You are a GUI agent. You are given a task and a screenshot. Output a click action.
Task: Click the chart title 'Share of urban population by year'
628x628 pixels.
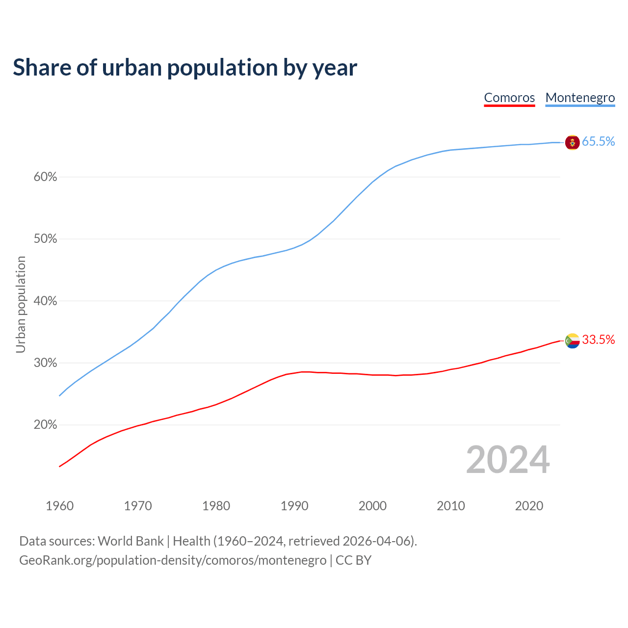(184, 67)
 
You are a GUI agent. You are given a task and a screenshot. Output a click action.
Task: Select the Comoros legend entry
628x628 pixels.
(509, 98)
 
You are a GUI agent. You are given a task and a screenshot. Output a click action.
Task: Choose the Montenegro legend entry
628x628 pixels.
(580, 98)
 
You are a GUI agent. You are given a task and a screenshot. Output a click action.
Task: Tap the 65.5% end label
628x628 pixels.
(598, 142)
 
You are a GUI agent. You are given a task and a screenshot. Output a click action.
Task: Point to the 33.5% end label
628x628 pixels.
(598, 340)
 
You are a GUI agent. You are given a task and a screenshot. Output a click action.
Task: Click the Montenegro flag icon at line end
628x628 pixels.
(572, 142)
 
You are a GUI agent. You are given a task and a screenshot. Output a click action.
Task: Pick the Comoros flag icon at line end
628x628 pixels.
(572, 340)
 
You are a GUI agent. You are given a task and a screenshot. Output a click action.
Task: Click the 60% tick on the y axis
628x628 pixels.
(45, 177)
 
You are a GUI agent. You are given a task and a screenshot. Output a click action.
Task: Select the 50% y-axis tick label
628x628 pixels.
(45, 239)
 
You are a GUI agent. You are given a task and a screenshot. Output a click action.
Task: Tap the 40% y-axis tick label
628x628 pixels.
(45, 301)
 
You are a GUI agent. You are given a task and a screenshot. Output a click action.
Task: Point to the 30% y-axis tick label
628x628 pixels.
(45, 363)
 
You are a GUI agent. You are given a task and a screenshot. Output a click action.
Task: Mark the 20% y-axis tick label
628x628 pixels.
(45, 425)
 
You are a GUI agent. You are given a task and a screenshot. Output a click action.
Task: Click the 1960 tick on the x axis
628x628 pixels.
(59, 506)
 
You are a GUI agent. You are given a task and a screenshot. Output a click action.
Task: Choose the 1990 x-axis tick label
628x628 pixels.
(294, 506)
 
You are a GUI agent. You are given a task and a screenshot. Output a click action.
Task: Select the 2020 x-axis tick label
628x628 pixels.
(529, 506)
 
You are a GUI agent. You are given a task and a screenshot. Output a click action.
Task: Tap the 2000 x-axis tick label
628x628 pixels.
(372, 506)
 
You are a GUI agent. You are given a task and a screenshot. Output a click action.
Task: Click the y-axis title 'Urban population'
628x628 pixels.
(21, 304)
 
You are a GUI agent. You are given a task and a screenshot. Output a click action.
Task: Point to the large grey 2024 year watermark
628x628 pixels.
(507, 460)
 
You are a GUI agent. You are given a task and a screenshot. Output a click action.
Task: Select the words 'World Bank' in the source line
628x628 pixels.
(131, 541)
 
